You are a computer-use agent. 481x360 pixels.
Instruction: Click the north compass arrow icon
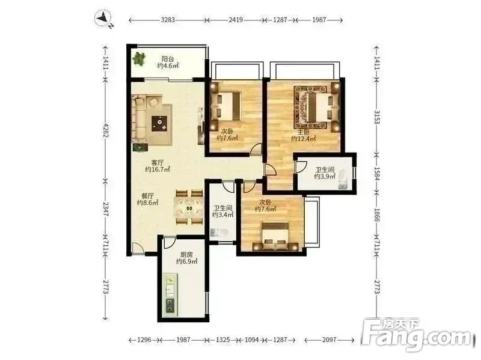[x=103, y=19]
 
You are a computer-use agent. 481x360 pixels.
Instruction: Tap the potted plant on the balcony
[x=139, y=58]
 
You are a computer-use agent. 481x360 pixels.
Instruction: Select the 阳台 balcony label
[x=168, y=58]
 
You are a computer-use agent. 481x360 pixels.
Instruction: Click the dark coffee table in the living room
[x=160, y=123]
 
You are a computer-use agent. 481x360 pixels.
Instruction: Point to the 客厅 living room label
[x=158, y=162]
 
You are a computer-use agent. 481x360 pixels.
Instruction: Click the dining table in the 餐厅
[x=189, y=207]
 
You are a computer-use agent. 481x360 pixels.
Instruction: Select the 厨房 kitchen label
[x=186, y=254]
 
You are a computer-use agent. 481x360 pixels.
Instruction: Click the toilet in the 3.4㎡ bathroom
[x=219, y=233]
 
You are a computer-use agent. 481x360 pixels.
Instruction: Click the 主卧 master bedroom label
[x=304, y=132]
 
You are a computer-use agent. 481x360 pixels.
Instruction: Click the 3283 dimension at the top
[x=168, y=20]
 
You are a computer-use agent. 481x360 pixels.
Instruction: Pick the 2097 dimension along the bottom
[x=329, y=340]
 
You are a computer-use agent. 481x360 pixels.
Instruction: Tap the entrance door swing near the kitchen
[x=138, y=248]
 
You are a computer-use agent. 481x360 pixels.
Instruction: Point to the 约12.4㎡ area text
[x=304, y=139]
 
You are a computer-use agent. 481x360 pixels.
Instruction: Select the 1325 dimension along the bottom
[x=223, y=340]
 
